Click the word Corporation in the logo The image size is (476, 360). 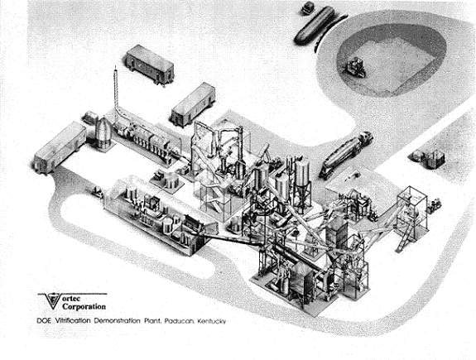click(84, 306)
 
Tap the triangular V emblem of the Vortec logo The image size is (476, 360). click(53, 300)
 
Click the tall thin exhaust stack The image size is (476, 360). click(116, 89)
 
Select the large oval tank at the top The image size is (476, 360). click(315, 26)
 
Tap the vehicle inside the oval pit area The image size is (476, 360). click(355, 67)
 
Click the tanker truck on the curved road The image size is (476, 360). click(346, 155)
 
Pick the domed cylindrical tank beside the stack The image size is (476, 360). click(103, 133)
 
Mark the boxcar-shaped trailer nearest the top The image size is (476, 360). click(149, 64)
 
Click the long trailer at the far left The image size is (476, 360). click(60, 148)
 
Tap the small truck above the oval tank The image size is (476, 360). click(308, 8)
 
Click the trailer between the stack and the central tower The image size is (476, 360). click(193, 104)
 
